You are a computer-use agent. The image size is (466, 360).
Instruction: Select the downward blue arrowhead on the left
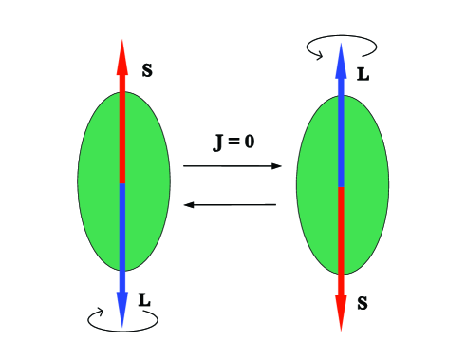click(122, 310)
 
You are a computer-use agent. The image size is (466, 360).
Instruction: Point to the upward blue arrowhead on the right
click(340, 57)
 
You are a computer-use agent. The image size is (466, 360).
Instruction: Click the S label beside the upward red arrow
click(148, 70)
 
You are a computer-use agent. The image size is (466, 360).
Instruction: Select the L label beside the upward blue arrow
click(363, 73)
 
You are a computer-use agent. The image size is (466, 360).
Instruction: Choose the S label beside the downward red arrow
click(363, 304)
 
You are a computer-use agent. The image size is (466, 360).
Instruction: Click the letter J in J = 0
click(218, 145)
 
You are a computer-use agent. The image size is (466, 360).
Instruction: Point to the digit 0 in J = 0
click(249, 145)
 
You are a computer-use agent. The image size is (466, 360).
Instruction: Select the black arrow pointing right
click(233, 166)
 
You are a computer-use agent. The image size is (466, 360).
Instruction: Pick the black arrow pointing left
click(233, 204)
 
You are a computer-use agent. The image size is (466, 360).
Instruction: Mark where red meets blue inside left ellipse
click(122, 183)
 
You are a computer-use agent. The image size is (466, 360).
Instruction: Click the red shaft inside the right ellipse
click(340, 228)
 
